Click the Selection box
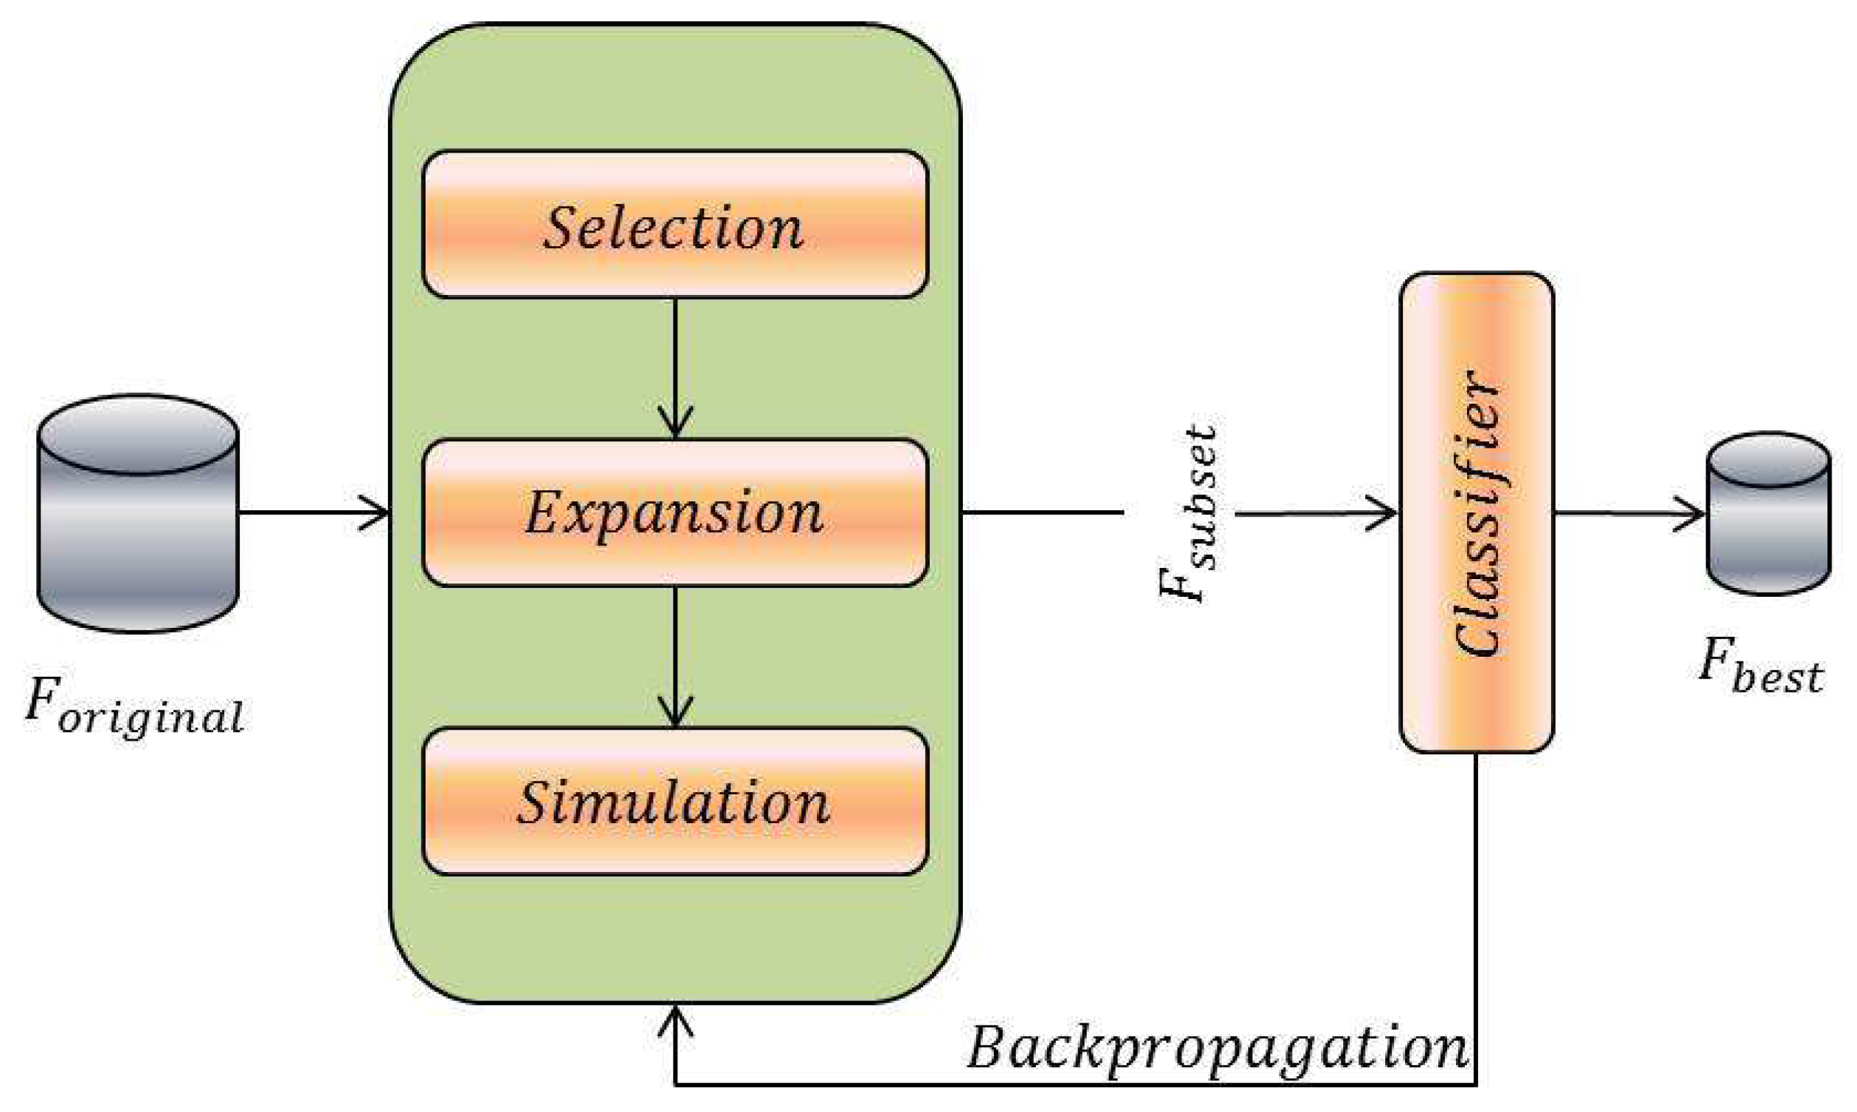click(x=675, y=225)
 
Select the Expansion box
click(x=675, y=512)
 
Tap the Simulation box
click(x=675, y=801)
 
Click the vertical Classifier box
click(x=1476, y=512)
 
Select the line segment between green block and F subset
click(x=1042, y=512)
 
